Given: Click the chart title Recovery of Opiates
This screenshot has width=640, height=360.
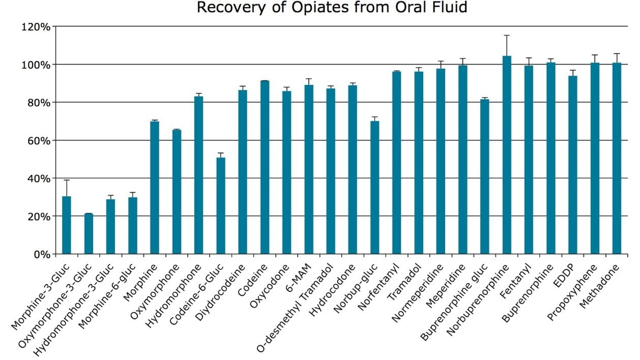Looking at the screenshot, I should pyautogui.click(x=332, y=8).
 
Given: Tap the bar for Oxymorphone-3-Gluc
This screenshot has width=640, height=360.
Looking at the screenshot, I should pyautogui.click(x=89, y=233).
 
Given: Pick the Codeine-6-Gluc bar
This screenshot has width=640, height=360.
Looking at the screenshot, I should pyautogui.click(x=220, y=205).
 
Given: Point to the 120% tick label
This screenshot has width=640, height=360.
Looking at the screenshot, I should pyautogui.click(x=36, y=27).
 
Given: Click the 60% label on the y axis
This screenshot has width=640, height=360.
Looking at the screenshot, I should pyautogui.click(x=38, y=140).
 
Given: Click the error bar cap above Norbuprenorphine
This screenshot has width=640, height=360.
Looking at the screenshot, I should pyautogui.click(x=507, y=36).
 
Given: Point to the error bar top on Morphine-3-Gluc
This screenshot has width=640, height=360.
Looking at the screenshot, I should pyautogui.click(x=67, y=181).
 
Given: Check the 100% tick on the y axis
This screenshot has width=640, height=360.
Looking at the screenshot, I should pyautogui.click(x=36, y=65).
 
